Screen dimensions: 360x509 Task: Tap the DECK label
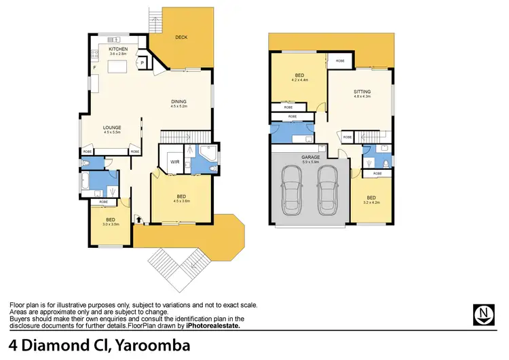(x=181, y=37)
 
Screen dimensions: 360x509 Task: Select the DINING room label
(x=178, y=102)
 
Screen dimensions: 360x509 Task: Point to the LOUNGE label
(x=111, y=127)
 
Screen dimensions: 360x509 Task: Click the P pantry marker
(x=143, y=63)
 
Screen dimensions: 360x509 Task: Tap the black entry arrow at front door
(x=138, y=219)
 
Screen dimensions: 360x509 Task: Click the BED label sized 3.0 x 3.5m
(x=110, y=219)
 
